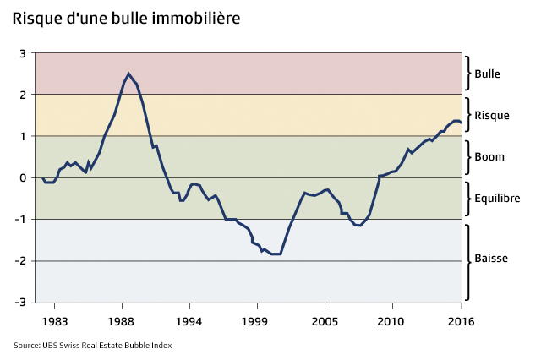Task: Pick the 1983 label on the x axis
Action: tap(56, 321)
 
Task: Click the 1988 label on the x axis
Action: tap(122, 321)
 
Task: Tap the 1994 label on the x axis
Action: tap(189, 321)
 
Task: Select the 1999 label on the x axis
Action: tap(256, 321)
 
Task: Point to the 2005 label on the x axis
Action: tap(324, 321)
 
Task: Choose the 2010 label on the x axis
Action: tap(390, 321)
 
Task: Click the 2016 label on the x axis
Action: tap(460, 321)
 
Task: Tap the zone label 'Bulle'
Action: tap(488, 74)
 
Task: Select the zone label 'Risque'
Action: tap(492, 115)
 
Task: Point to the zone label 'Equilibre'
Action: tap(497, 199)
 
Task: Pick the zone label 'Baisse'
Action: tap(491, 258)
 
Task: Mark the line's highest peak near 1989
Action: tap(128, 74)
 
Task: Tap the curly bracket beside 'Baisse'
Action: tap(467, 259)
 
